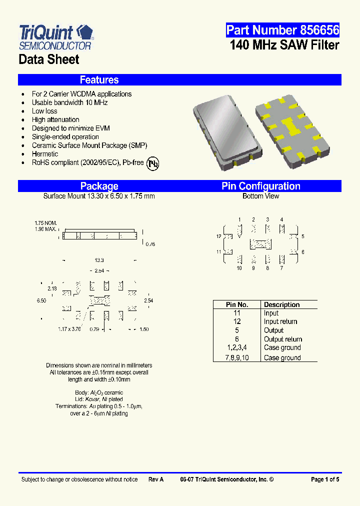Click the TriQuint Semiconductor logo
click(55, 37)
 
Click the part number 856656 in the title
click(282, 30)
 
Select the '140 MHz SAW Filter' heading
click(284, 45)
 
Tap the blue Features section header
click(99, 80)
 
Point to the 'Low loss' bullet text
click(44, 111)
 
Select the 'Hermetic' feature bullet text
click(45, 154)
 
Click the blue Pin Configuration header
click(261, 186)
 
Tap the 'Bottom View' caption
click(260, 196)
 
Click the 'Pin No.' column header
click(237, 304)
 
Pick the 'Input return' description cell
click(280, 321)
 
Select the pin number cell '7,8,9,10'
click(237, 357)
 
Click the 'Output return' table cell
click(283, 339)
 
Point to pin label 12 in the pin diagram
click(219, 236)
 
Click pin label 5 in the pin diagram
click(303, 236)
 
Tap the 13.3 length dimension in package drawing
click(99, 260)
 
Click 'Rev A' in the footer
click(155, 479)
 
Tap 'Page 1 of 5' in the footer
click(325, 479)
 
